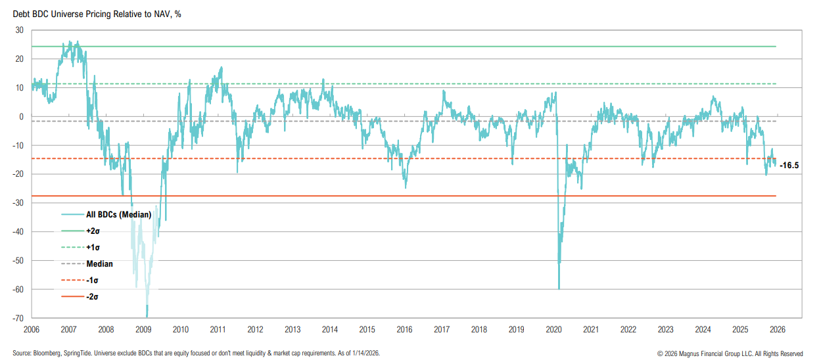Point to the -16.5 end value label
(789, 166)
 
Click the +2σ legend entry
(93, 231)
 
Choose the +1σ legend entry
(93, 248)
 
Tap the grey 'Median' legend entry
(99, 264)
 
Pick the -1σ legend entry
(92, 281)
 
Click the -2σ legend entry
(92, 297)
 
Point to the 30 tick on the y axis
(20, 30)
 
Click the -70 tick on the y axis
(18, 319)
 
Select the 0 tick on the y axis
(22, 117)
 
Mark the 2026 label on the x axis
(777, 329)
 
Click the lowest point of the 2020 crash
(559, 288)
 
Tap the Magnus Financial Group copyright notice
(730, 353)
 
